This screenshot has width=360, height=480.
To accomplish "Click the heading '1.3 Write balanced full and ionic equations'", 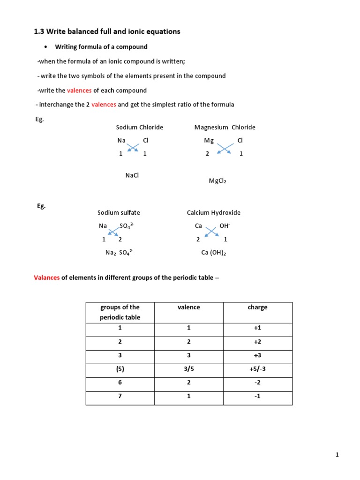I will tap(107, 31).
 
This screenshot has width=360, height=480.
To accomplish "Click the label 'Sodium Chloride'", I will tap(140, 127).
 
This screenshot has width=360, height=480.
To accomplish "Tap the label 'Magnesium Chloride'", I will tap(225, 127).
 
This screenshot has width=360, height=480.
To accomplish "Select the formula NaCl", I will tap(132, 175).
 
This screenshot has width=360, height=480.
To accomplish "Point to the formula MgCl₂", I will tap(217, 181).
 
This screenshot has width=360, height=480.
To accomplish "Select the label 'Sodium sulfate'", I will tap(119, 212).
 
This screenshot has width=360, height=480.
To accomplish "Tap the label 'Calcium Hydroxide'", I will tap(214, 212).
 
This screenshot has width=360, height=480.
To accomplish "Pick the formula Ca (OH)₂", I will tap(214, 253).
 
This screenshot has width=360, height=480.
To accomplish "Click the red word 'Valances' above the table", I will tap(46, 277).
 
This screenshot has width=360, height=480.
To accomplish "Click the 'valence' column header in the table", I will tap(188, 307).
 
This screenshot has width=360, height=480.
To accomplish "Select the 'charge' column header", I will tap(257, 307).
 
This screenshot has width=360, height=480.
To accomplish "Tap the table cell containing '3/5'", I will tap(188, 369).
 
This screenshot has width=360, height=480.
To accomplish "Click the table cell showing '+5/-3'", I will tap(257, 369).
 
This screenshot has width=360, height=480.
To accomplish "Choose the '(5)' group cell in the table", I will tap(120, 369).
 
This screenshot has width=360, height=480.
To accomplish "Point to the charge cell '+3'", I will tap(257, 355).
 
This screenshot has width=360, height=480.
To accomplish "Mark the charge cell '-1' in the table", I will tap(257, 396).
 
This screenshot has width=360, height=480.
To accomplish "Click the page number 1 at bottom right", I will tap(337, 455).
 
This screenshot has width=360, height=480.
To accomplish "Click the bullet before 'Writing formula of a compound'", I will tap(45, 47).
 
